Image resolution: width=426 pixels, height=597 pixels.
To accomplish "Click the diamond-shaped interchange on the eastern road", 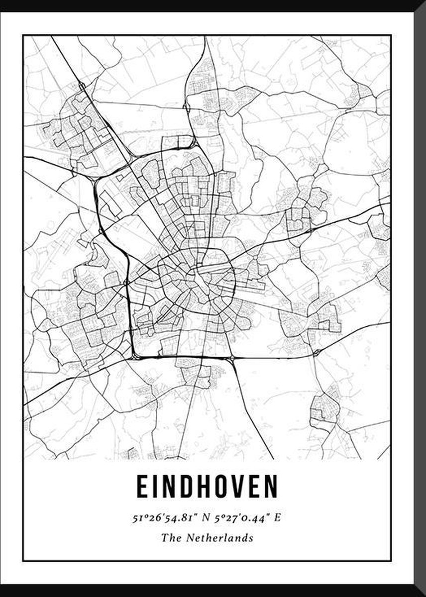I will pyautogui.click(x=316, y=352).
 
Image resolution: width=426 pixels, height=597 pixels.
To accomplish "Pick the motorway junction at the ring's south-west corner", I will pyautogui.click(x=135, y=355).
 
